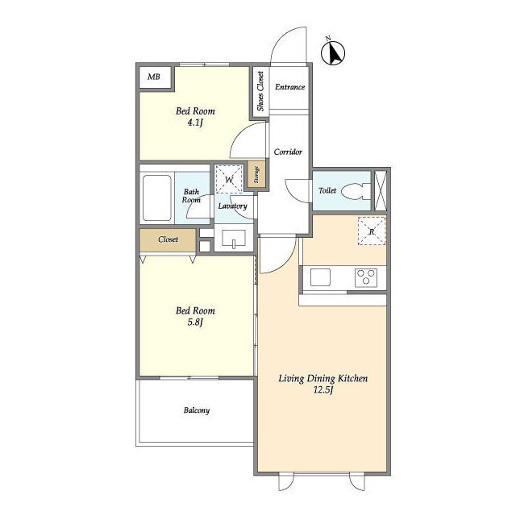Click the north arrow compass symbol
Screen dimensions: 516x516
(x=333, y=52)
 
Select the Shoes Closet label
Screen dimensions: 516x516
(x=260, y=91)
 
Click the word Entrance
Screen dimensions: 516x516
(x=290, y=87)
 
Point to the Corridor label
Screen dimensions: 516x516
(x=288, y=152)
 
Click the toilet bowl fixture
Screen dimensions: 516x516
(x=356, y=192)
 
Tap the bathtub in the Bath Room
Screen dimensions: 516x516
(x=157, y=198)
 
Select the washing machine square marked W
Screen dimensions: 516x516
(x=229, y=179)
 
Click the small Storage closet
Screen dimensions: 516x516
(x=256, y=175)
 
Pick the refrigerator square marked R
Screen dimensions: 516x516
(x=372, y=231)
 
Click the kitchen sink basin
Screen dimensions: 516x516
(x=320, y=277)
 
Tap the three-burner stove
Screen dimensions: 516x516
(x=366, y=277)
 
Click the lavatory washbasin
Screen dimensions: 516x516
(x=234, y=239)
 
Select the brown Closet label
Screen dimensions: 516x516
(x=168, y=239)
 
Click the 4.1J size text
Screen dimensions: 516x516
(x=195, y=123)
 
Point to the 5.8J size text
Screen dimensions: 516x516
(x=195, y=322)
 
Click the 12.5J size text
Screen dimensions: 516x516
(x=323, y=390)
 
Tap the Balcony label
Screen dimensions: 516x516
(x=197, y=410)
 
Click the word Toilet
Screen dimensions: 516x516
(x=327, y=190)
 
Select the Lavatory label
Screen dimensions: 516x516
(x=233, y=206)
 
